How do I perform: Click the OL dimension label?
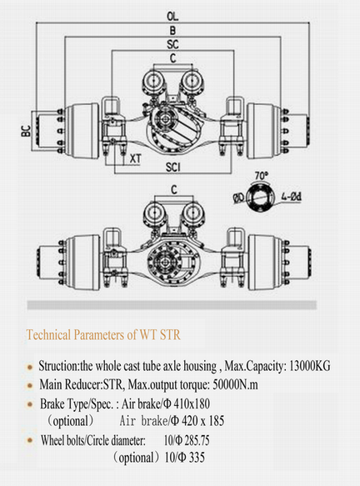point(172,17)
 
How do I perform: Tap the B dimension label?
point(172,30)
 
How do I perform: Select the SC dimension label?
point(172,44)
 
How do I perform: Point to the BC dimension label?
point(27,131)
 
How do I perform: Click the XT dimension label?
point(135,158)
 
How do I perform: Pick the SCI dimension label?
point(172,168)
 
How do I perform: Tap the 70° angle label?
point(261,175)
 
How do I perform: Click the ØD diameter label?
point(239,198)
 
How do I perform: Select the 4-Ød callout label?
point(291,197)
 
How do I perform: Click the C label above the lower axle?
point(174,190)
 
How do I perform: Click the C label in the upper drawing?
point(172,58)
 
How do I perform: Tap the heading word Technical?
point(48,335)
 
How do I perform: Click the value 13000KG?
point(309,366)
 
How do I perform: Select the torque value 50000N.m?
point(236,385)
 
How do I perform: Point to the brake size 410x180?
point(192,403)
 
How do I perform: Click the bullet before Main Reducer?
point(30,386)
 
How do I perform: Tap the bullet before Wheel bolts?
point(30,440)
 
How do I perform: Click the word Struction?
point(58,366)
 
